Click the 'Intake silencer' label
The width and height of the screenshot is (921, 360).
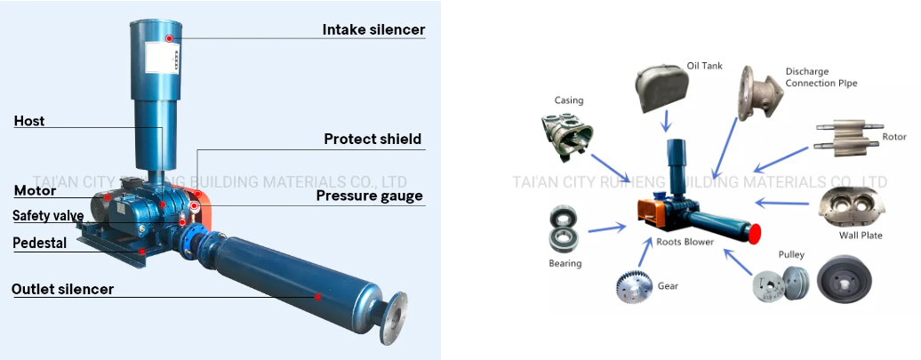tap(373, 29)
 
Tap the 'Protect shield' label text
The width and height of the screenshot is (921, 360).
tap(372, 139)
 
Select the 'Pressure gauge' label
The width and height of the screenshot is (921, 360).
tap(370, 196)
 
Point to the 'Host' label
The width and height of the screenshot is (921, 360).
tap(29, 121)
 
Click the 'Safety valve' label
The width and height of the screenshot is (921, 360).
tap(48, 216)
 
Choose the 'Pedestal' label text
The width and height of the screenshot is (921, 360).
tap(40, 243)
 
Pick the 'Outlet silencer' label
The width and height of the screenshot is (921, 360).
tap(62, 289)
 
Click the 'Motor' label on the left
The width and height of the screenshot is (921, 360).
tap(35, 190)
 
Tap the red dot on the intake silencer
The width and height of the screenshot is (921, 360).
tap(170, 38)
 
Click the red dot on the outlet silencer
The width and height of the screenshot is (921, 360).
tap(317, 295)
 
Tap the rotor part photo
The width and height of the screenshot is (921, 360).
tap(845, 138)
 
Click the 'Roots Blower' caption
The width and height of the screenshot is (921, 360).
tap(686, 241)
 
